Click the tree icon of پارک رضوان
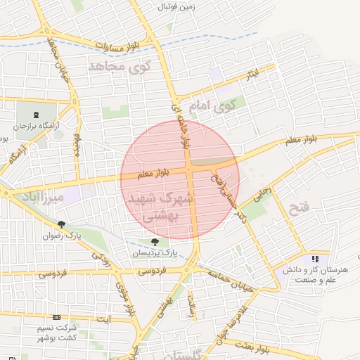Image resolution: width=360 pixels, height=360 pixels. pos(61,225)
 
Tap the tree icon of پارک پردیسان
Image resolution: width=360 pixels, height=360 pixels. pos(155,242)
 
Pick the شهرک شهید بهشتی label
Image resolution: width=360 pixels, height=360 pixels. pos(161,208)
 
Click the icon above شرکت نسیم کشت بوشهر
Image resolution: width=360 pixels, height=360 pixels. pos(56,318)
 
